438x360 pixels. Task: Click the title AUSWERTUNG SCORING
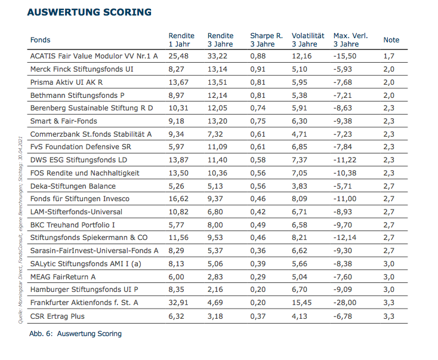pyautogui.click(x=89, y=12)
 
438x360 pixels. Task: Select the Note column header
pyautogui.click(x=391, y=40)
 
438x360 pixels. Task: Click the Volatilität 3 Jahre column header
pyautogui.click(x=308, y=40)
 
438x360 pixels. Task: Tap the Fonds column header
pyautogui.click(x=41, y=40)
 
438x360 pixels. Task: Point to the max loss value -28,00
pyautogui.click(x=346, y=303)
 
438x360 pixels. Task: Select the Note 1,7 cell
pyautogui.click(x=388, y=56)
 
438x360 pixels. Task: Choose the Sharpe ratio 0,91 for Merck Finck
pyautogui.click(x=258, y=69)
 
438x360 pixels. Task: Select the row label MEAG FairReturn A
pyautogui.click(x=63, y=276)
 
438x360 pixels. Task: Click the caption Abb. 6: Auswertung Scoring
pyautogui.click(x=75, y=334)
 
